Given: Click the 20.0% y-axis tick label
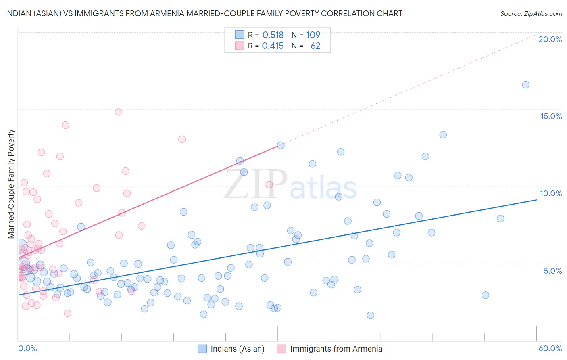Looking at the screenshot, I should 550,39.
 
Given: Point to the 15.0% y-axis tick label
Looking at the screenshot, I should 551,116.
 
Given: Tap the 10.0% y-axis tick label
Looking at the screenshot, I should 551,193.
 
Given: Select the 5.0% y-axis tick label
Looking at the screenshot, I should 552,271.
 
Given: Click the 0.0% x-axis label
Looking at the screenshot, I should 27,348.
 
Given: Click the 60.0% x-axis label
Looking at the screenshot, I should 550,348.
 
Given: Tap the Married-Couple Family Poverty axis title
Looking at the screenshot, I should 11,184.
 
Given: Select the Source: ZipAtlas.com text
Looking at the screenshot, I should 531,13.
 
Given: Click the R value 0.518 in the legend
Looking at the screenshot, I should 273,35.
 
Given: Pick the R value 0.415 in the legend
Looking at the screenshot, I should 273,46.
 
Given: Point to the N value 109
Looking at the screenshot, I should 313,35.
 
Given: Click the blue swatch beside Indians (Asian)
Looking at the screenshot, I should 202,349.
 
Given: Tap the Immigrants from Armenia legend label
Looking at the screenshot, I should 336,349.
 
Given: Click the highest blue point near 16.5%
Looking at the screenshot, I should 525,85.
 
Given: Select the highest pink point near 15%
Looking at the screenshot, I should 118,112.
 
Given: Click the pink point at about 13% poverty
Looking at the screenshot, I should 182,139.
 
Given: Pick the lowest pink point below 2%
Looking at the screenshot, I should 67,313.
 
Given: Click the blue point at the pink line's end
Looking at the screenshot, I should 281,145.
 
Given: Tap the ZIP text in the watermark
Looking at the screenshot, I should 255,184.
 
